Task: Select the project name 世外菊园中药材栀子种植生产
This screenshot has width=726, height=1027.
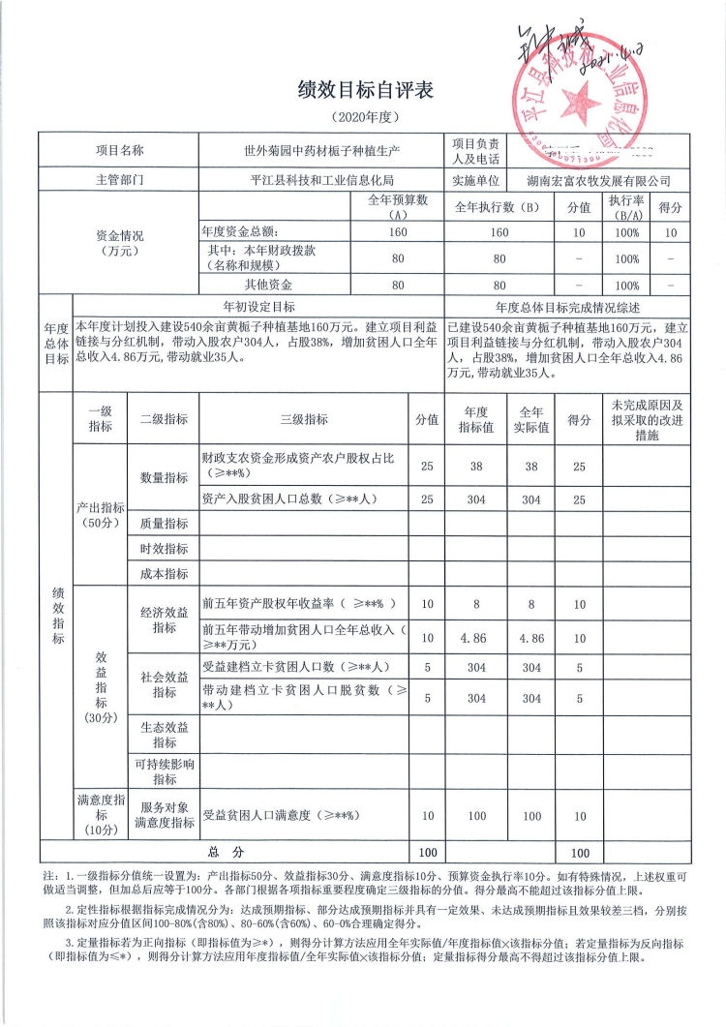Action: pyautogui.click(x=321, y=151)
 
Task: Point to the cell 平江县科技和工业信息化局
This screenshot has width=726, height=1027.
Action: pyautogui.click(x=321, y=180)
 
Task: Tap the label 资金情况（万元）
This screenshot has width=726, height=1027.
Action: pyautogui.click(x=121, y=242)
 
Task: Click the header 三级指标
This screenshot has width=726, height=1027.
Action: pyautogui.click(x=304, y=419)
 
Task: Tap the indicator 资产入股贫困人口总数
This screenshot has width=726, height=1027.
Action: pyautogui.click(x=287, y=499)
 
